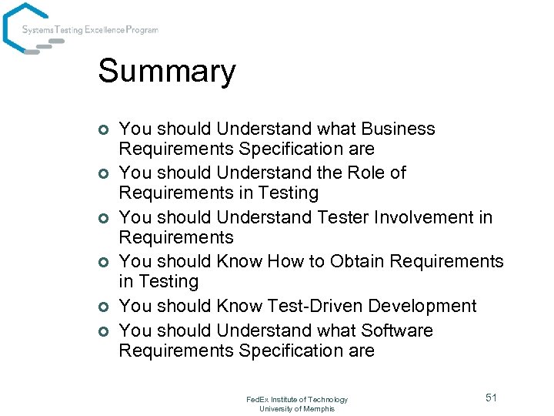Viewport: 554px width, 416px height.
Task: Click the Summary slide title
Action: click(x=167, y=72)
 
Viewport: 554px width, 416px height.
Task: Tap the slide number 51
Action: click(x=491, y=397)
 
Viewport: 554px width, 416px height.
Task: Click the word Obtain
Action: click(x=357, y=261)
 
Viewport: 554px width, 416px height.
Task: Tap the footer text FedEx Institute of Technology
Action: click(x=297, y=399)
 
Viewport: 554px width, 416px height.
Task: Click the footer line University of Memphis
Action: click(x=297, y=408)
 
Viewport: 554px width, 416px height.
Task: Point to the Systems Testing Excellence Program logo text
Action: click(x=90, y=30)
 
